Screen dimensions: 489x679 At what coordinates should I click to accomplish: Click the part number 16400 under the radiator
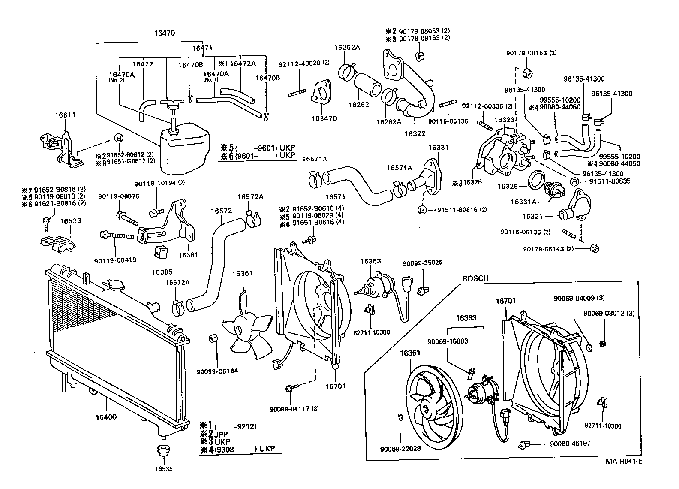tap(106, 417)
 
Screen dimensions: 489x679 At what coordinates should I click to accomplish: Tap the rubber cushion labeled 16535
tap(163, 452)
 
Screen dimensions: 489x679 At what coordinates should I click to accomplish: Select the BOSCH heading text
tap(475, 278)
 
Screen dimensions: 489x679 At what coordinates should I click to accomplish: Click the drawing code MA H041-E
tap(624, 462)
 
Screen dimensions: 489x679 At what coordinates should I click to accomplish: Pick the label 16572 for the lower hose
tap(221, 211)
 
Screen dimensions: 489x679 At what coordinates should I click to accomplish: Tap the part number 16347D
tap(324, 118)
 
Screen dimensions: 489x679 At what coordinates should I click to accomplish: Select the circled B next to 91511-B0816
tap(422, 210)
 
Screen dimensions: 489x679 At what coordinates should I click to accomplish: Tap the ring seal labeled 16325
tap(537, 179)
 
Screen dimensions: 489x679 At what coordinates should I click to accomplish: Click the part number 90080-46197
tap(570, 443)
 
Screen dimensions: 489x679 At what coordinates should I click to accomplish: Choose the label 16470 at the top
tap(165, 33)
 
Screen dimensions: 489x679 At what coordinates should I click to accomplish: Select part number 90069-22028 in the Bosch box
tap(400, 449)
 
